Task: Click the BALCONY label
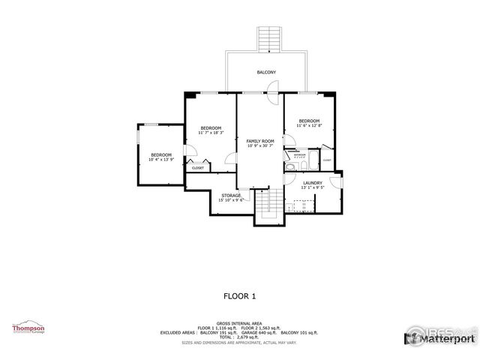click(x=265, y=72)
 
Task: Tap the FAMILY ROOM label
click(x=260, y=141)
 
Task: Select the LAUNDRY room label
click(x=313, y=183)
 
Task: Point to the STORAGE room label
click(x=230, y=196)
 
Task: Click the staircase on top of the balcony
click(x=267, y=38)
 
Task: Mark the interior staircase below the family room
click(x=269, y=205)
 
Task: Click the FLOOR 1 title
click(x=239, y=295)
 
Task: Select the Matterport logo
click(x=442, y=340)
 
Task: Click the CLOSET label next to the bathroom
click(x=327, y=160)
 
